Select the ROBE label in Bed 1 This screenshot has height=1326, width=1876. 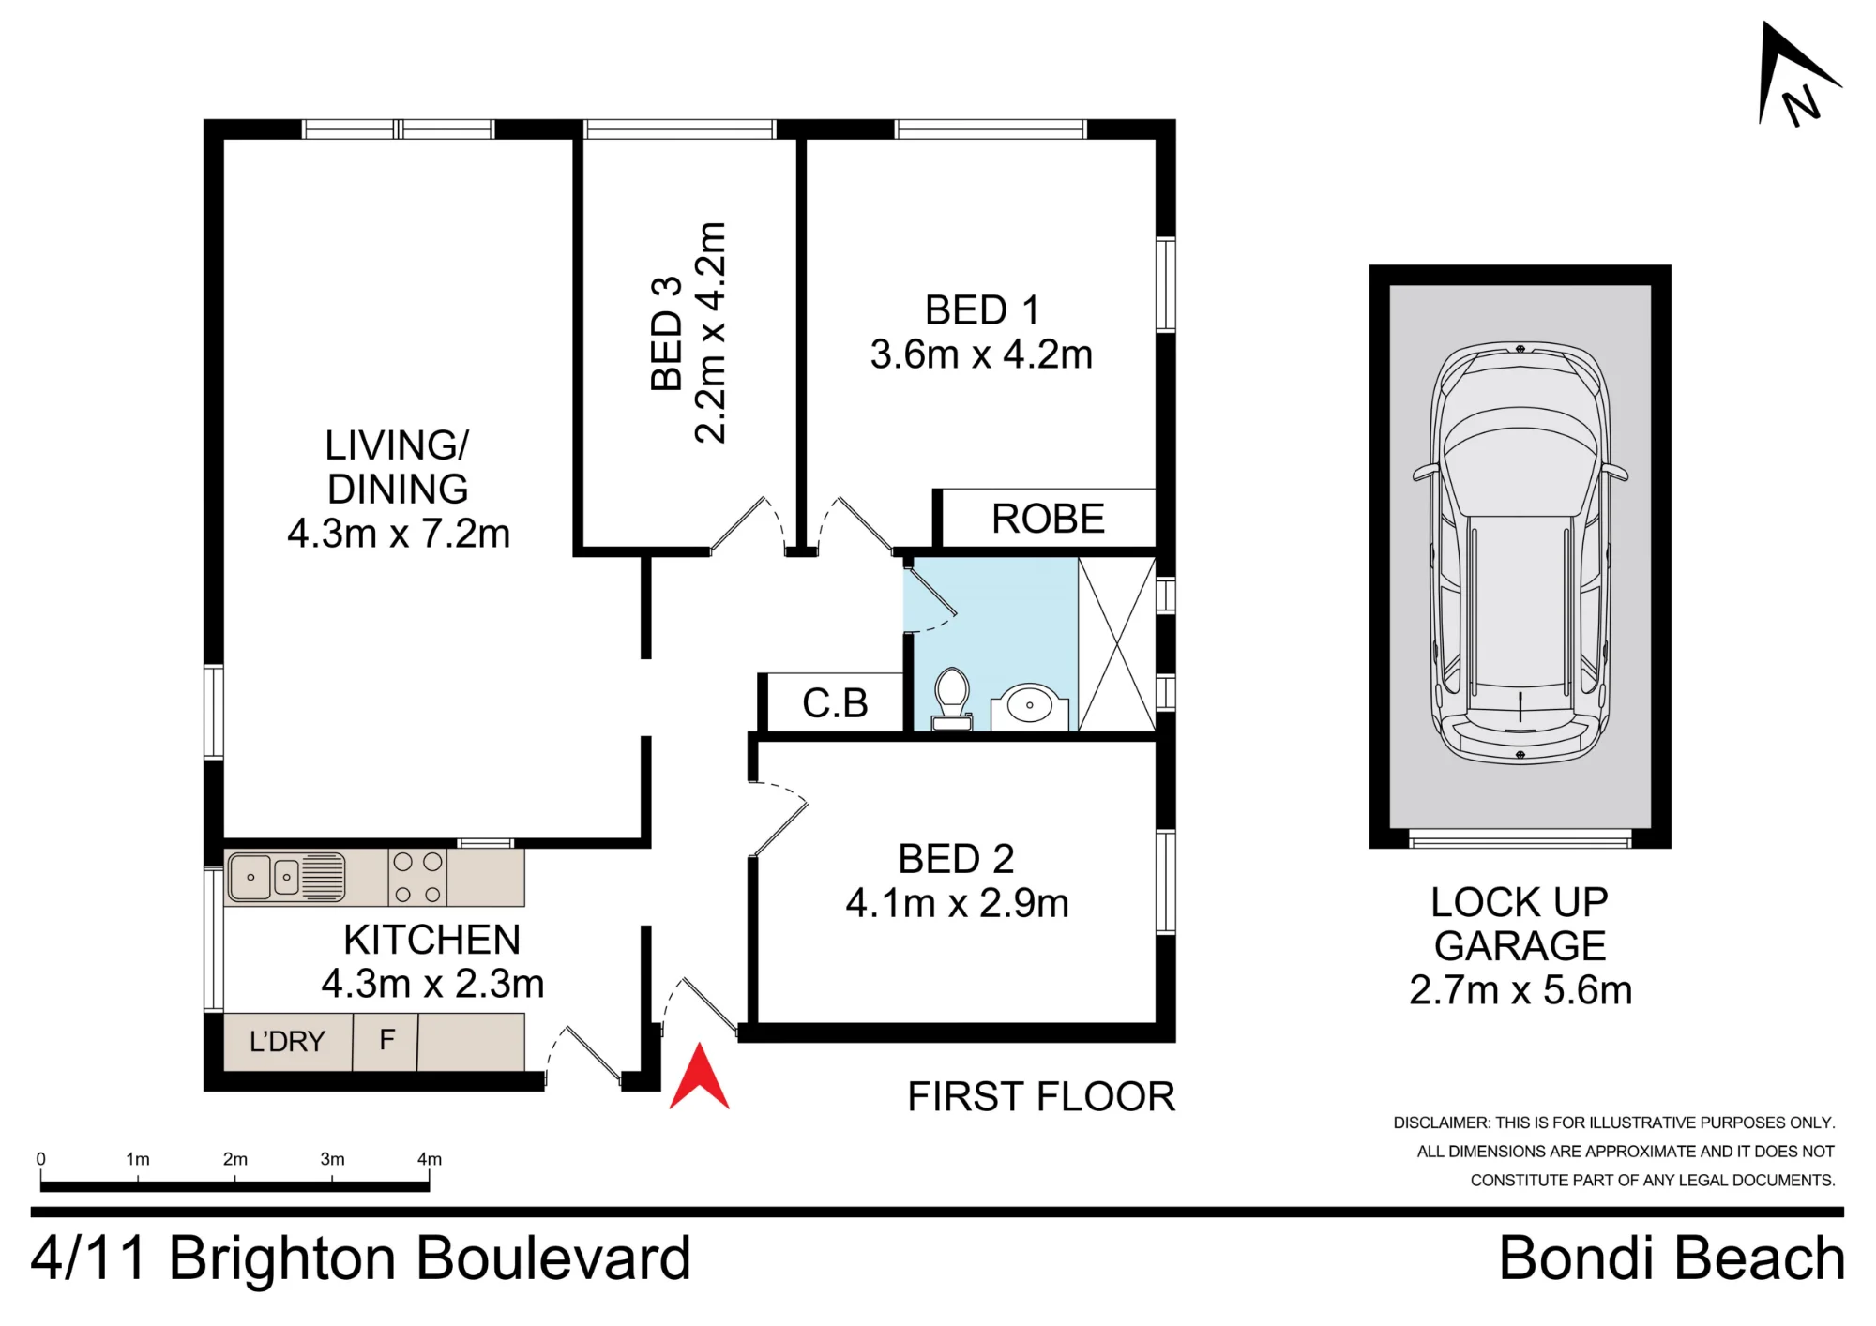point(1048,519)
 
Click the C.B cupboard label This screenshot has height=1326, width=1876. point(835,703)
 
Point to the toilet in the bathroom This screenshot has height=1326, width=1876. point(952,699)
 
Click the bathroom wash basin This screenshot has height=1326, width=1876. point(1029,706)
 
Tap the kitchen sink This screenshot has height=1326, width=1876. point(286,877)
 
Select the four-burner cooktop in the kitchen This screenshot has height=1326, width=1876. point(417,877)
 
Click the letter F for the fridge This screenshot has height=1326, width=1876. point(386,1040)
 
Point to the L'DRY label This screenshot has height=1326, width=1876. point(287,1041)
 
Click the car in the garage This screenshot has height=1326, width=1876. point(1520,553)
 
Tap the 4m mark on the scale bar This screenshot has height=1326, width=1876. point(430,1159)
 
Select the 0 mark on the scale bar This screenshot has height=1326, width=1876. point(40,1159)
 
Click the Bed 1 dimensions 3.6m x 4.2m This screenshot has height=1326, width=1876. point(981,354)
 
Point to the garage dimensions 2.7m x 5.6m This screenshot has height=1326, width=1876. point(1520,990)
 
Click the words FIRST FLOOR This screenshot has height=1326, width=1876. point(1041,1097)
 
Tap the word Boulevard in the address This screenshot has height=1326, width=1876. point(553,1258)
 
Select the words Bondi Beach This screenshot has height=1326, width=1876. point(1672,1258)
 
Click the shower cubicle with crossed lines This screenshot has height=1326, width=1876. point(1116,643)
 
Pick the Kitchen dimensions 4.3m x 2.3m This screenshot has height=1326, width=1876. point(432,984)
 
